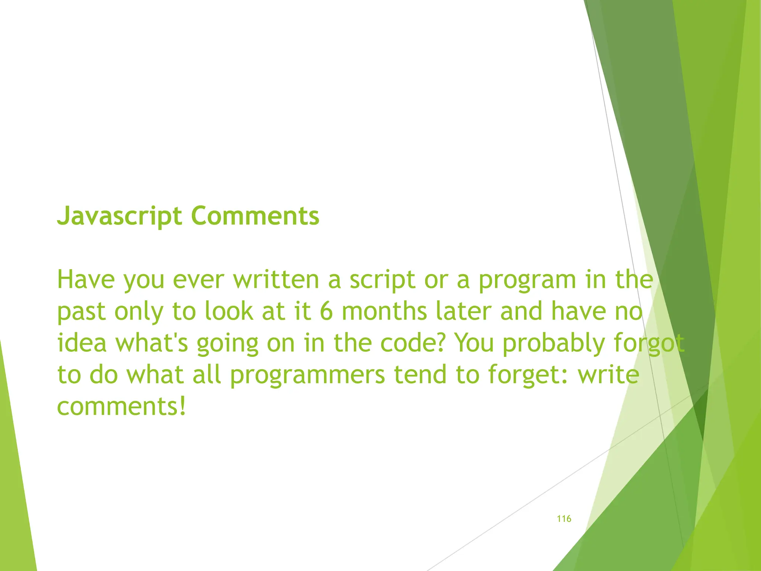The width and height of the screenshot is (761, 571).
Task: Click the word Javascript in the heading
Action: point(119,216)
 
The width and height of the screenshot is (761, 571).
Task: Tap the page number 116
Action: point(564,519)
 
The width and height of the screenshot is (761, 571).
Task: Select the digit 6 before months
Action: point(326,312)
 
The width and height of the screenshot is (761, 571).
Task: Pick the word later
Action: point(464,312)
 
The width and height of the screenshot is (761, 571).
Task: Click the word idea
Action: point(82,343)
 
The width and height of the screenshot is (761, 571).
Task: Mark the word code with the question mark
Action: point(412,343)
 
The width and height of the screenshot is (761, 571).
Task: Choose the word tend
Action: point(420,374)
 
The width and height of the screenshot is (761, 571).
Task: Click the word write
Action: point(608,374)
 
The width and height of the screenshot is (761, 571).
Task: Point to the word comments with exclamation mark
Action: point(121,406)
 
